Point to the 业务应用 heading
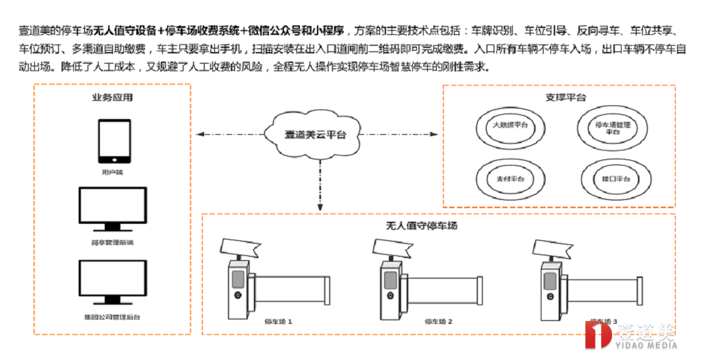(112, 98)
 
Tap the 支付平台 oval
(510, 178)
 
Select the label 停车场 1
(278, 320)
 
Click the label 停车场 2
(439, 320)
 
